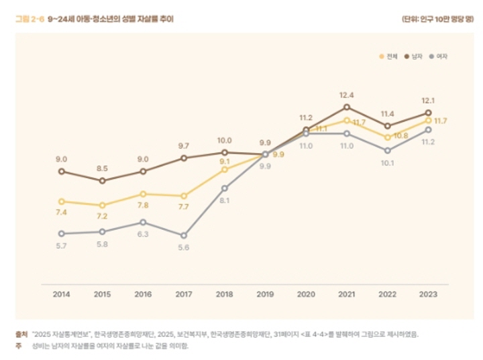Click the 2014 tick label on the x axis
click(x=62, y=293)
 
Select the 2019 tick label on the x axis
click(x=266, y=293)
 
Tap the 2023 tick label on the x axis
click(x=428, y=293)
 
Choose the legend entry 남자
click(x=414, y=56)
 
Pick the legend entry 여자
click(x=439, y=56)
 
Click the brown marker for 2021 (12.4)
click(x=347, y=107)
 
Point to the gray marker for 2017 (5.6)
click(x=184, y=235)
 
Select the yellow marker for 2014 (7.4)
click(x=62, y=201)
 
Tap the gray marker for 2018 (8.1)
click(x=225, y=188)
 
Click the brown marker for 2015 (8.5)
click(x=102, y=181)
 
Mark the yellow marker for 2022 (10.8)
click(x=388, y=137)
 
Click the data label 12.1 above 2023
click(x=428, y=101)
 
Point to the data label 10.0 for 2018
click(x=225, y=141)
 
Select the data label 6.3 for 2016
click(x=143, y=235)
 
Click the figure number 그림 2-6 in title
click(x=30, y=20)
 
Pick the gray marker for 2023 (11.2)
click(x=428, y=129)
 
